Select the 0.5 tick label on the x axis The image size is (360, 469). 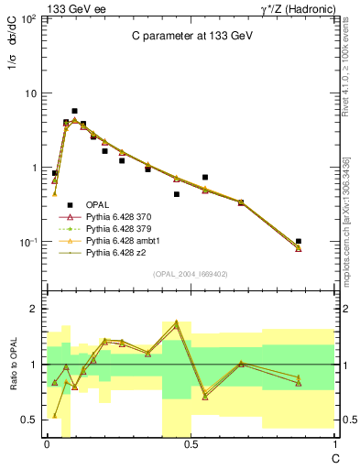point(190,442)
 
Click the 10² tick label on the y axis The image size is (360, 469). point(28,19)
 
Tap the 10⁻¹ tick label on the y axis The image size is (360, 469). point(28,243)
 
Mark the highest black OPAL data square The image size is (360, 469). point(74,111)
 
